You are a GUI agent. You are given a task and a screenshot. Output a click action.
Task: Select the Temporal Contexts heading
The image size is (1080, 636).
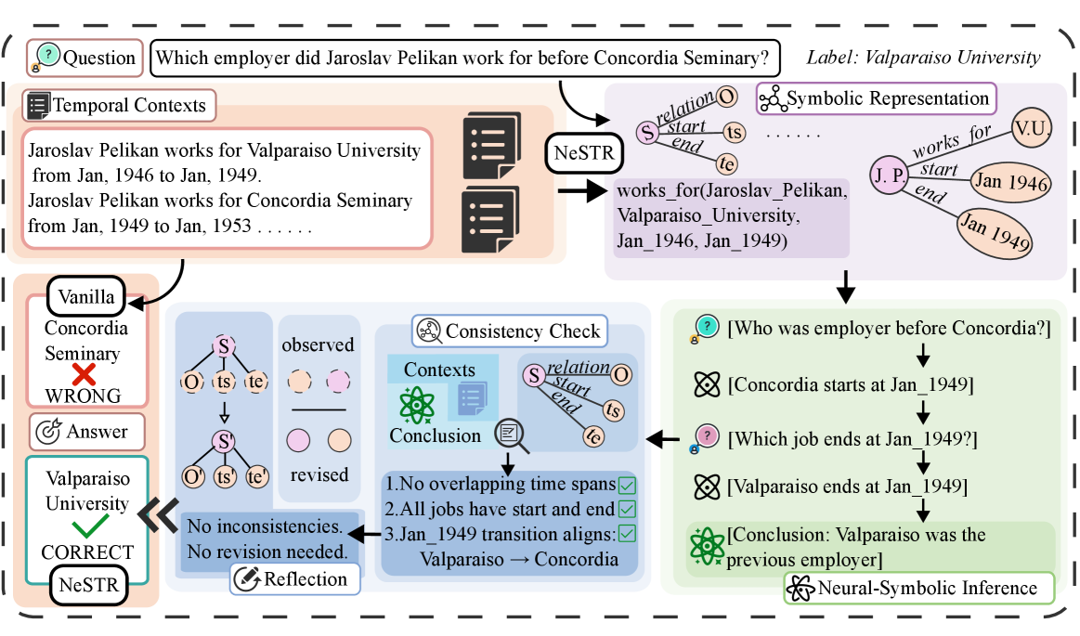click(120, 105)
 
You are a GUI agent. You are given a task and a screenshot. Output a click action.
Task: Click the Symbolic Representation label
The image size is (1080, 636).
click(876, 98)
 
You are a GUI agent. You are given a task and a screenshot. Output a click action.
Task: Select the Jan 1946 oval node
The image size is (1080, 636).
click(1011, 183)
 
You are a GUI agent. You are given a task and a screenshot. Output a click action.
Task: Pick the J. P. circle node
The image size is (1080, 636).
click(888, 175)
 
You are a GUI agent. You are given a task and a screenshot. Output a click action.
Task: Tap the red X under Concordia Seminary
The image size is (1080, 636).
click(85, 375)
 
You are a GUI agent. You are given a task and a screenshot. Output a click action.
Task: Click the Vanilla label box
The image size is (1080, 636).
click(86, 297)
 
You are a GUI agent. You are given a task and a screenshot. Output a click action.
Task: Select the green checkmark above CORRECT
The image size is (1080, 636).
click(86, 527)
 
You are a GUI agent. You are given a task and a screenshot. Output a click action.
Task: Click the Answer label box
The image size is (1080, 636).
click(86, 431)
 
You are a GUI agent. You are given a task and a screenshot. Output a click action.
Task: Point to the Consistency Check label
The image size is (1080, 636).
click(510, 331)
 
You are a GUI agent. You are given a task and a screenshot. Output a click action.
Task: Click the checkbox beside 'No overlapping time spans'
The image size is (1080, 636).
click(627, 485)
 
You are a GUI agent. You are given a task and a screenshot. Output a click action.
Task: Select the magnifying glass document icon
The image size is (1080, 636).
click(510, 434)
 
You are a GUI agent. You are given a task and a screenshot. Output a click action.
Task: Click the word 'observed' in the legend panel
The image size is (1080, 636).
click(319, 344)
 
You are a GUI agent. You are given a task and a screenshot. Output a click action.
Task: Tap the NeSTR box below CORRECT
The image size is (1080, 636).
click(86, 585)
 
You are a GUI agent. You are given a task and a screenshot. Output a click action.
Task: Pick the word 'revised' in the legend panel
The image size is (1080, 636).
click(319, 474)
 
